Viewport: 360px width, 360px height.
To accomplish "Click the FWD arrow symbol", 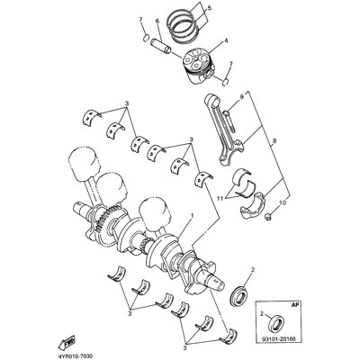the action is pos(67,342).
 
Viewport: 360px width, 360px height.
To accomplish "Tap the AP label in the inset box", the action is pos(295,305).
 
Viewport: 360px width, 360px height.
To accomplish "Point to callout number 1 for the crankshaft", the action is pos(192,216).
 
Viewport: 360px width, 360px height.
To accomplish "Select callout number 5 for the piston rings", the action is pos(210,8).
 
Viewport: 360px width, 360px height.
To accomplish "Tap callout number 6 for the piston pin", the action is pos(157,22).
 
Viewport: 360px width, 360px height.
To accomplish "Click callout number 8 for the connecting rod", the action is pos(274,140).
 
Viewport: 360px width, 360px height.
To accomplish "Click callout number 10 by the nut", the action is pos(281,203).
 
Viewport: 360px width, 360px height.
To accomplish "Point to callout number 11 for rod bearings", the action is pos(220,198).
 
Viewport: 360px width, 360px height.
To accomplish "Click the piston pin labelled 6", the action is pos(160,46).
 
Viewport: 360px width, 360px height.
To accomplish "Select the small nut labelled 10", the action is pos(269,216).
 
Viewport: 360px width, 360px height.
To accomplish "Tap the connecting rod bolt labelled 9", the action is pos(229,124).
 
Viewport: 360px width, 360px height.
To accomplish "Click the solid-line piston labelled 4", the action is pos(198,66).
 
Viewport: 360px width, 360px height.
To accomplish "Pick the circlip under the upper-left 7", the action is pos(146,38).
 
